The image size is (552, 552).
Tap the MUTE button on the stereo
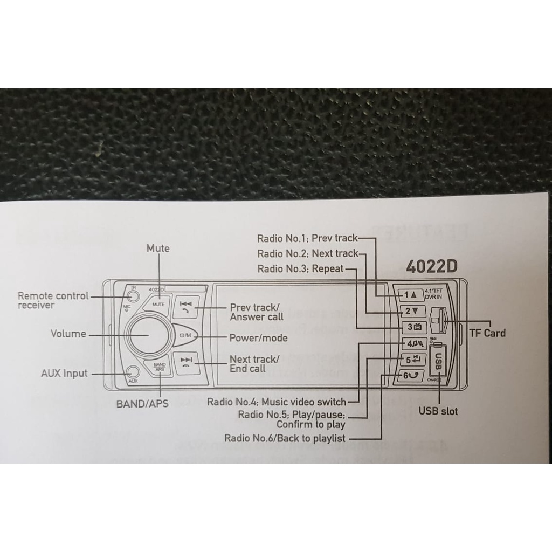(158, 303)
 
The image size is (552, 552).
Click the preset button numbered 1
(410, 295)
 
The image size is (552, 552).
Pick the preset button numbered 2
(412, 311)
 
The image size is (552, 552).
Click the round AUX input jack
(133, 372)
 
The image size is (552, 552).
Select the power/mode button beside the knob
(185, 336)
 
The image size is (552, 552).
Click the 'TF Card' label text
(487, 333)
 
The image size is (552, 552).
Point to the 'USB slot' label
(438, 411)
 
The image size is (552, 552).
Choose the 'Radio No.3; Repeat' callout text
(300, 268)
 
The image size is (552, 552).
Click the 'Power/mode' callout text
(258, 338)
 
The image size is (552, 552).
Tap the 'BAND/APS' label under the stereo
(142, 403)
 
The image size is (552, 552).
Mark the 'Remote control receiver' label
(53, 300)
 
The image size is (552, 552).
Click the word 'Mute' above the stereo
(158, 248)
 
